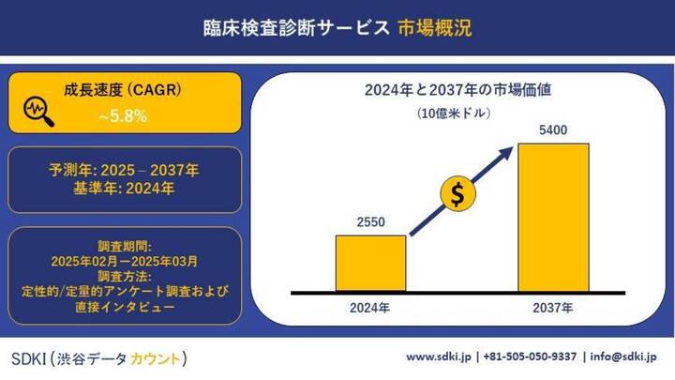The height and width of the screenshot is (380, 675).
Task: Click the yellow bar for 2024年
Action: coord(370,263)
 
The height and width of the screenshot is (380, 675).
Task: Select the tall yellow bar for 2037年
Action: coord(553,217)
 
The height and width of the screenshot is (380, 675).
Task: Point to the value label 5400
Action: coord(553,131)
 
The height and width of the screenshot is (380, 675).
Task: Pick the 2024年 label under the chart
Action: coord(370,309)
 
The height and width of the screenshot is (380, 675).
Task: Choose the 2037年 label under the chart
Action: coord(553,309)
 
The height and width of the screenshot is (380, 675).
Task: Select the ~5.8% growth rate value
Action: coord(122,117)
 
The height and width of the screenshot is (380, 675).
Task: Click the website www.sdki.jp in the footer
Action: coord(440,357)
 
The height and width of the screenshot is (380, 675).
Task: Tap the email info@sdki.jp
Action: coord(624,357)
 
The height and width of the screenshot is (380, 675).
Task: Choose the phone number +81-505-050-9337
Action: coord(529,357)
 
